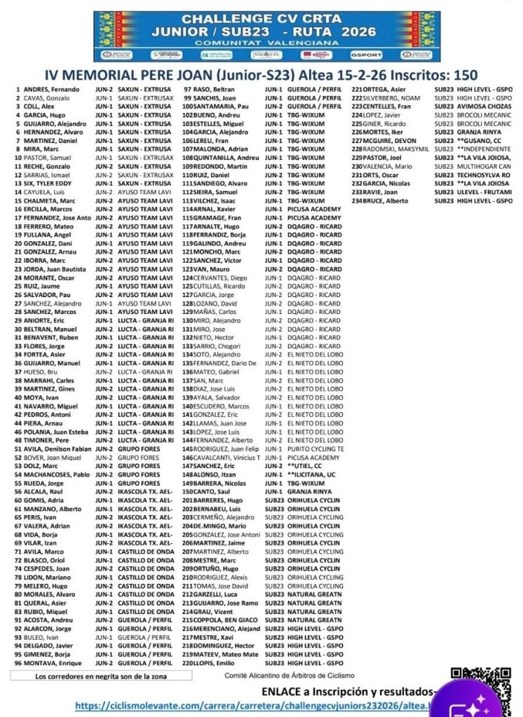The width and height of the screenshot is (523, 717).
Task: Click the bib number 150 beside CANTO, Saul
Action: [x=186, y=491]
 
